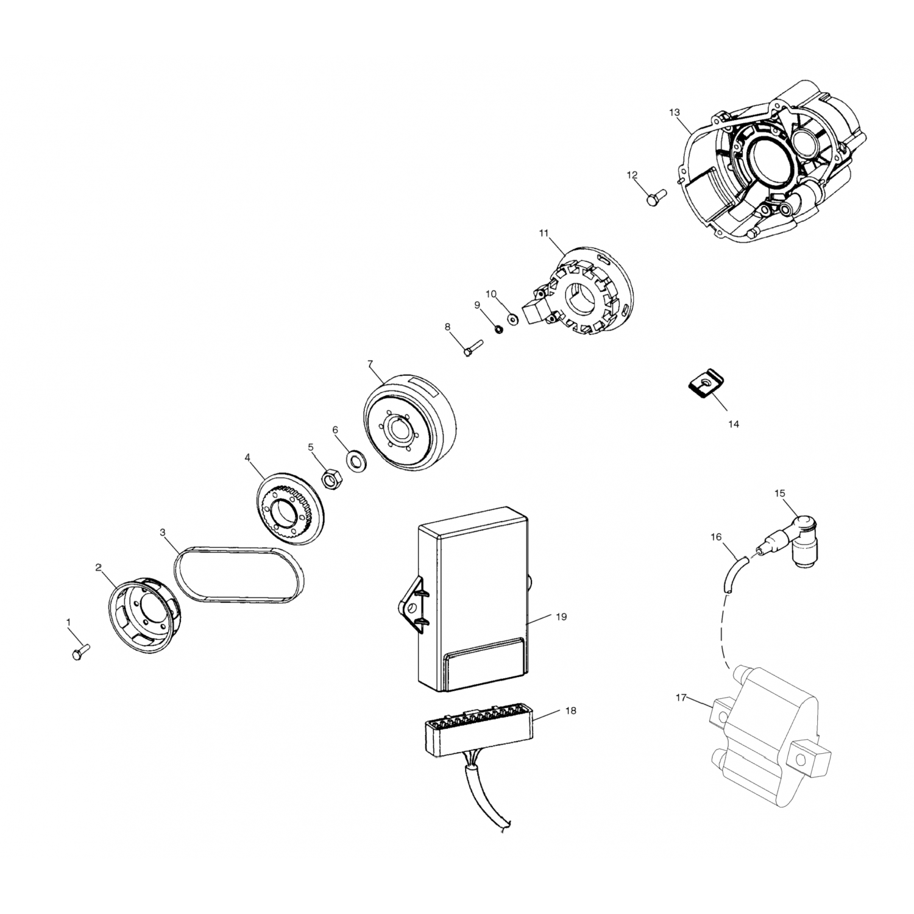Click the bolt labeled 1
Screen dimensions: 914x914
(x=80, y=650)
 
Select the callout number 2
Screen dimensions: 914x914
(x=99, y=567)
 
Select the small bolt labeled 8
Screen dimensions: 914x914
(x=472, y=348)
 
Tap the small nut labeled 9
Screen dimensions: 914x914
(x=498, y=330)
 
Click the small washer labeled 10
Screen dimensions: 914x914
(x=512, y=317)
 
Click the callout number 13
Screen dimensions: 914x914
(x=674, y=113)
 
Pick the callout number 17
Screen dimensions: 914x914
(x=682, y=696)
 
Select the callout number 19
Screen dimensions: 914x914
(x=561, y=617)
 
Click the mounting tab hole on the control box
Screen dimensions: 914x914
(x=411, y=607)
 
